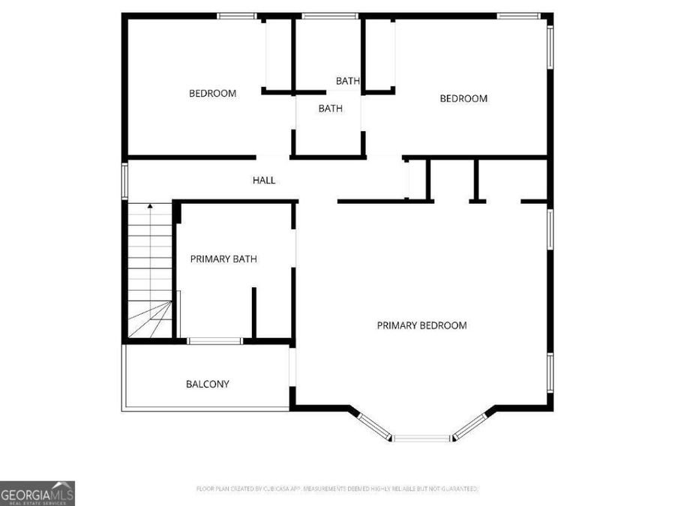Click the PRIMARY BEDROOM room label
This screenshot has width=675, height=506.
point(421,325)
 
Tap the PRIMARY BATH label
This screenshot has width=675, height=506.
point(223,259)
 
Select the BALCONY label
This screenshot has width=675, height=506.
point(208,384)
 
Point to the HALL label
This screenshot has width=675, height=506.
point(264,181)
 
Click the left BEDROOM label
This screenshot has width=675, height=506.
point(212,94)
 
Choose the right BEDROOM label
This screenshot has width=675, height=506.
point(463,98)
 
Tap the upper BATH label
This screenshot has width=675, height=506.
point(347,81)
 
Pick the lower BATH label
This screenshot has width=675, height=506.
point(330,109)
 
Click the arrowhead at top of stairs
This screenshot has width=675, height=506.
point(150,205)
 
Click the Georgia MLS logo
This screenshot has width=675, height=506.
point(37,493)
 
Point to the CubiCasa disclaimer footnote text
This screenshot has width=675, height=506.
point(337,489)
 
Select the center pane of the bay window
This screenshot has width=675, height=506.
point(422,438)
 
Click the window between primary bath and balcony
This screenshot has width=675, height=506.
point(214,341)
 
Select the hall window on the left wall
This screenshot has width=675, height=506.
point(125,181)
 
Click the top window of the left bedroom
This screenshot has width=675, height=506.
point(236,16)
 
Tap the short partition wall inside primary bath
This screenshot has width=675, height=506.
point(254,313)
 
